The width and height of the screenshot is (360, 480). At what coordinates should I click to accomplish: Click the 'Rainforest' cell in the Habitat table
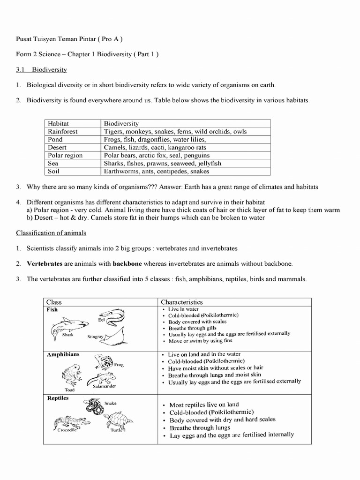(63, 132)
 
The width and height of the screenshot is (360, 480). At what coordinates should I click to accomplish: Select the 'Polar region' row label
(65, 155)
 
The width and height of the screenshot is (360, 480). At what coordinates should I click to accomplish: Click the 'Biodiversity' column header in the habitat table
(121, 124)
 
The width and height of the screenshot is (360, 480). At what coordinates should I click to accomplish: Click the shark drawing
(69, 324)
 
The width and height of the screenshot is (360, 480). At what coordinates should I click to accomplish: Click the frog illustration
(104, 362)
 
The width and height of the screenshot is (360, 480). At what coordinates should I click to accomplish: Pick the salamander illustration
(102, 378)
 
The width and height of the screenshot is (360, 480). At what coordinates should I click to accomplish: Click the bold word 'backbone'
(127, 264)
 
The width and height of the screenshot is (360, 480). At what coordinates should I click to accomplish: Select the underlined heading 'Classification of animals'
(51, 233)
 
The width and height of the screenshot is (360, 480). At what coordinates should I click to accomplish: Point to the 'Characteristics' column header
(182, 302)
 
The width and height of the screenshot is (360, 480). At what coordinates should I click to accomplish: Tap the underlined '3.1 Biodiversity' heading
(42, 70)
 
